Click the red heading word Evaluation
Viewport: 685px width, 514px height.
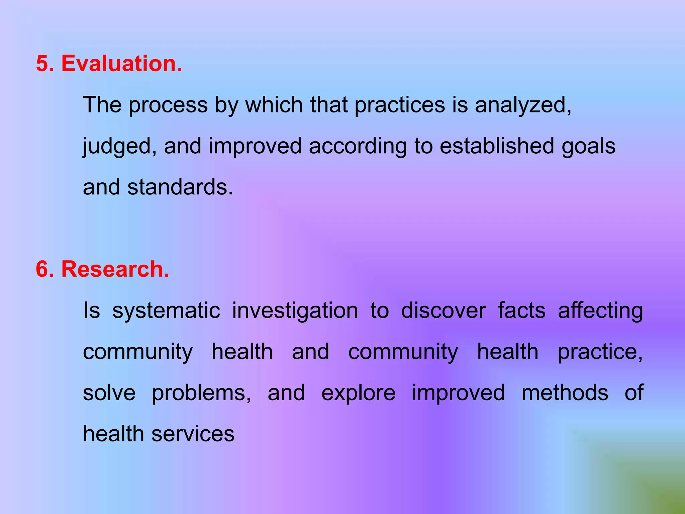pos(122,63)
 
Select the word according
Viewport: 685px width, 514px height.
pos(358,147)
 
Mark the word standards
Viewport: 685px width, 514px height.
pos(180,187)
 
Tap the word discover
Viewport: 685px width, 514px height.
pos(443,311)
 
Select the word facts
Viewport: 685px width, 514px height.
pos(521,311)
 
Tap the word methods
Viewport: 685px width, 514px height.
pos(565,393)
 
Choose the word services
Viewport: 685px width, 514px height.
pos(193,434)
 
